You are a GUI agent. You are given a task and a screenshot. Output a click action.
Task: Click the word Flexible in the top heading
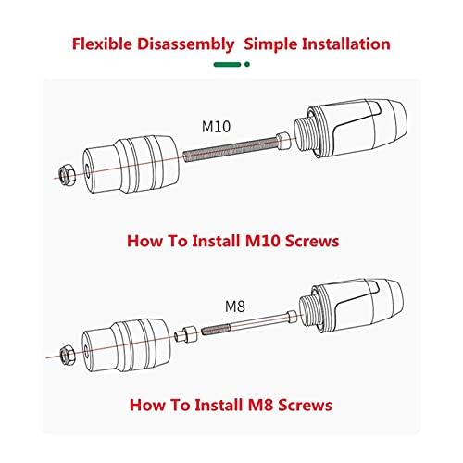(102, 44)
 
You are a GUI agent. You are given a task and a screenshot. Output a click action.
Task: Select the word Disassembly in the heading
(185, 44)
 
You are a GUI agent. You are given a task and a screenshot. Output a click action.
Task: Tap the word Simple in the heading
(270, 44)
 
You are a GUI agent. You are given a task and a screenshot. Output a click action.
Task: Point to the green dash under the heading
(227, 64)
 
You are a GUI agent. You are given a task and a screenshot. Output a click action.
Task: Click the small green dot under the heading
(247, 64)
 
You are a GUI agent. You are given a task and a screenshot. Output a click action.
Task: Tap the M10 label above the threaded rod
(216, 127)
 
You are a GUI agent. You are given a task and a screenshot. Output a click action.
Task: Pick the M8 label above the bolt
(235, 307)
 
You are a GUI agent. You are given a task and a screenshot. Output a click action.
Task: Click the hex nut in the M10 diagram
(68, 175)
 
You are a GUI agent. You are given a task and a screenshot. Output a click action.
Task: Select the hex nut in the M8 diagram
(67, 355)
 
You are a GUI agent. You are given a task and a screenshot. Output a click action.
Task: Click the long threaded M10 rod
(231, 149)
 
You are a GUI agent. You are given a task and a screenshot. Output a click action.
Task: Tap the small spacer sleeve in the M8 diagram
(185, 334)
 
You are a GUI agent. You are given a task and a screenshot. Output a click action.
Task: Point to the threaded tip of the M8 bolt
(216, 329)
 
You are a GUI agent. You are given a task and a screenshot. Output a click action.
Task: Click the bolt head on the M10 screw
(284, 140)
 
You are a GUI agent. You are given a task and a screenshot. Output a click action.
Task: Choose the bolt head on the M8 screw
(292, 316)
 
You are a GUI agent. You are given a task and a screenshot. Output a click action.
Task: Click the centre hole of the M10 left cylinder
(88, 170)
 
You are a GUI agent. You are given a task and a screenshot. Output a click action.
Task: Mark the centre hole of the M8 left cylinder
(86, 351)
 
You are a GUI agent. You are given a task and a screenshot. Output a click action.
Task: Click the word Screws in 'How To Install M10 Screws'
(312, 241)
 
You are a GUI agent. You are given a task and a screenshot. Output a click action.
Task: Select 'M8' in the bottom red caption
(260, 405)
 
